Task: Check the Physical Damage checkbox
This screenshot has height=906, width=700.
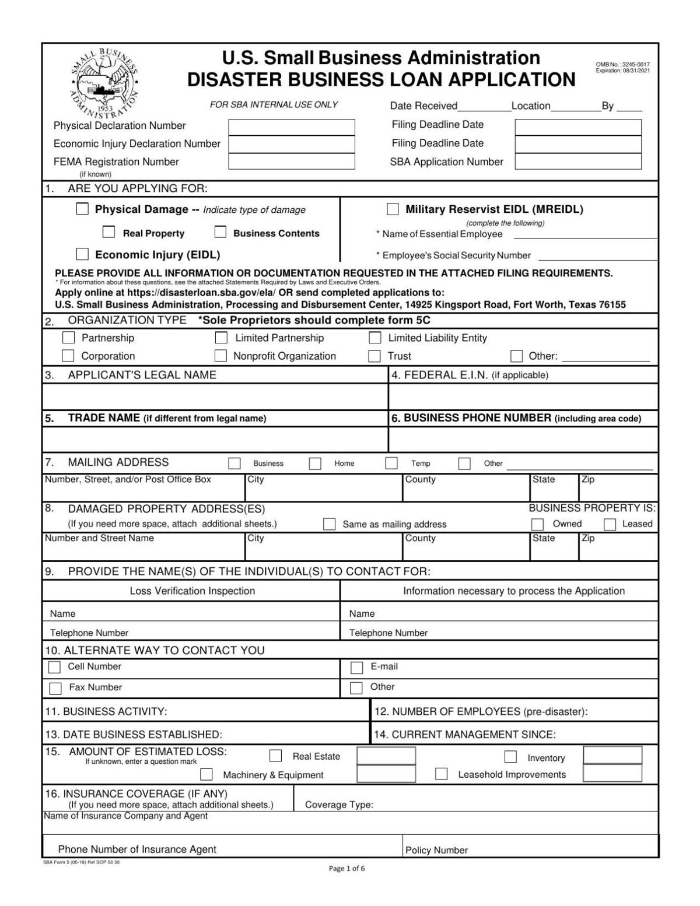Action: [x=83, y=209]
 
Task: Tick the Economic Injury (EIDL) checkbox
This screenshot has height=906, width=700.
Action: [x=83, y=254]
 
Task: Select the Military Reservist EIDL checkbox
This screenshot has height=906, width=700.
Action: [x=393, y=209]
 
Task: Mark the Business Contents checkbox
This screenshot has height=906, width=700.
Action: [x=220, y=232]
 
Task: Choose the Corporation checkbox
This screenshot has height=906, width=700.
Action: [x=68, y=356]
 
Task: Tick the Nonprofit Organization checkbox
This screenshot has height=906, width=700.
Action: [x=220, y=356]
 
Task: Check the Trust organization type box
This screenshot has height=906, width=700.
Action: [x=374, y=356]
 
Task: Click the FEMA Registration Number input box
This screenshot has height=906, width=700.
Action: [x=292, y=161]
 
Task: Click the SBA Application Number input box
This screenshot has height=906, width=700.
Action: [x=578, y=161]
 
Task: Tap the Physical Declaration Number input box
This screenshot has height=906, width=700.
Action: [x=292, y=127]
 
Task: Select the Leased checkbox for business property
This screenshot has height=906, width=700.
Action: [x=610, y=524]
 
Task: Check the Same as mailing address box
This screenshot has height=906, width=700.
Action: [x=330, y=524]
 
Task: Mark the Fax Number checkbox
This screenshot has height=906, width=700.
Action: [x=55, y=688]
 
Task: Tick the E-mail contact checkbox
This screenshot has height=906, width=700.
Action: [x=356, y=667]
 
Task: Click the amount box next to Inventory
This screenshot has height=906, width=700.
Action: [x=612, y=755]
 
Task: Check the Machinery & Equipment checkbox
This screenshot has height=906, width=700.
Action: [x=206, y=774]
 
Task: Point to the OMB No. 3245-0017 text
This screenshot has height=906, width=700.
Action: [x=623, y=64]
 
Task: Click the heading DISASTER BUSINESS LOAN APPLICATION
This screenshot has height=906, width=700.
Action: [x=381, y=80]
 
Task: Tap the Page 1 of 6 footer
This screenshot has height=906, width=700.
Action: [x=347, y=868]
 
